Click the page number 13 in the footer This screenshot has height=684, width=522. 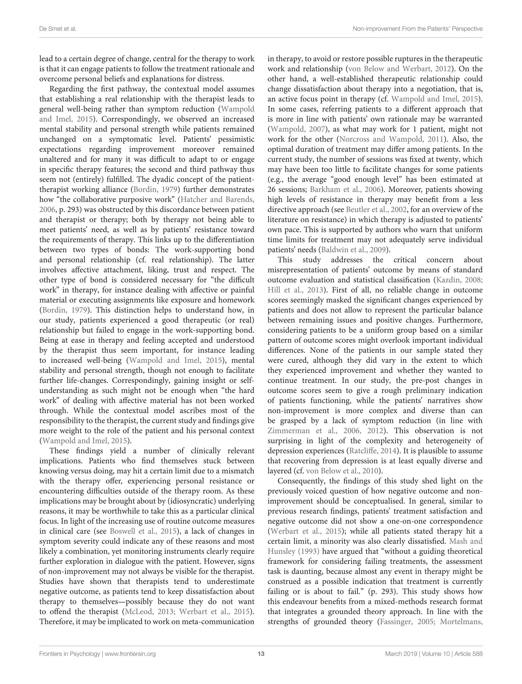[261, 654]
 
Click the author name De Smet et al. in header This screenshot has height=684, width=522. [58, 29]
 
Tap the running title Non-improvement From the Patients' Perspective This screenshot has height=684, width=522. [417, 29]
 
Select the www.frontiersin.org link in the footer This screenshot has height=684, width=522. [130, 654]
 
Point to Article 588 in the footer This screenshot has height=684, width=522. [468, 654]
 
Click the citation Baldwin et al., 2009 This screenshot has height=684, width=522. [353, 250]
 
